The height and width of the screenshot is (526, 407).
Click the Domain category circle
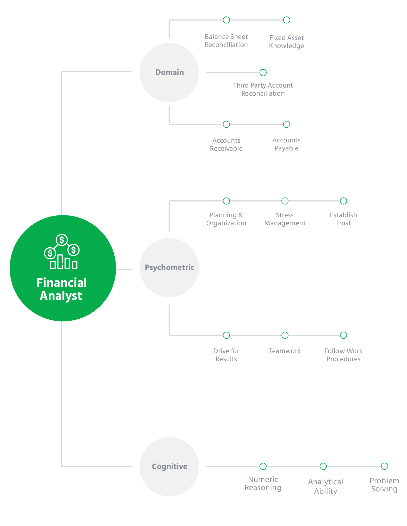pos(169,73)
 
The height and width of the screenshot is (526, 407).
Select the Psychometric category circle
pos(169,268)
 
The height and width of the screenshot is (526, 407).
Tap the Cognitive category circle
pos(169,467)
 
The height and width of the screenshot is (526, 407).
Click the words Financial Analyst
pos(62,289)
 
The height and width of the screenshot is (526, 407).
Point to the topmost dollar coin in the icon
pos(62,240)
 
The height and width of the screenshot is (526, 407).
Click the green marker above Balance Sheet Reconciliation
pos(227,20)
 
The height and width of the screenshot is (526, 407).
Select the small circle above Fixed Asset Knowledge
pos(287,20)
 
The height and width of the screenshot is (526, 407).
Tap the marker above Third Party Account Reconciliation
pos(263,73)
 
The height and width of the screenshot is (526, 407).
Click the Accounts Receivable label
pos(226,144)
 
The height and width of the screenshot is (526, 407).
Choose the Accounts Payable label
pos(287,144)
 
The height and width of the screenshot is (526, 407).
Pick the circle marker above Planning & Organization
pos(227,201)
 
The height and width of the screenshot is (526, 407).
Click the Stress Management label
pos(285,219)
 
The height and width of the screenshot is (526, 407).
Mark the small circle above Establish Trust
pos(344,201)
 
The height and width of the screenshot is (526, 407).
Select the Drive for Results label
pos(226,355)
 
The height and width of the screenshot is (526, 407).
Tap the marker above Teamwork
pos(285,335)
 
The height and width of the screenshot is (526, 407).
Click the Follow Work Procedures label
pos(344,355)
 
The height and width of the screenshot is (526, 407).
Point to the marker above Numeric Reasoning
pos(263,466)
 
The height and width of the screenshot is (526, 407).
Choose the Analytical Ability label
pos(326,486)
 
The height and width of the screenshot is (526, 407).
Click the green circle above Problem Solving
pos(385,466)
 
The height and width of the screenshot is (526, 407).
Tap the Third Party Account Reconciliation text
pos(263,89)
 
